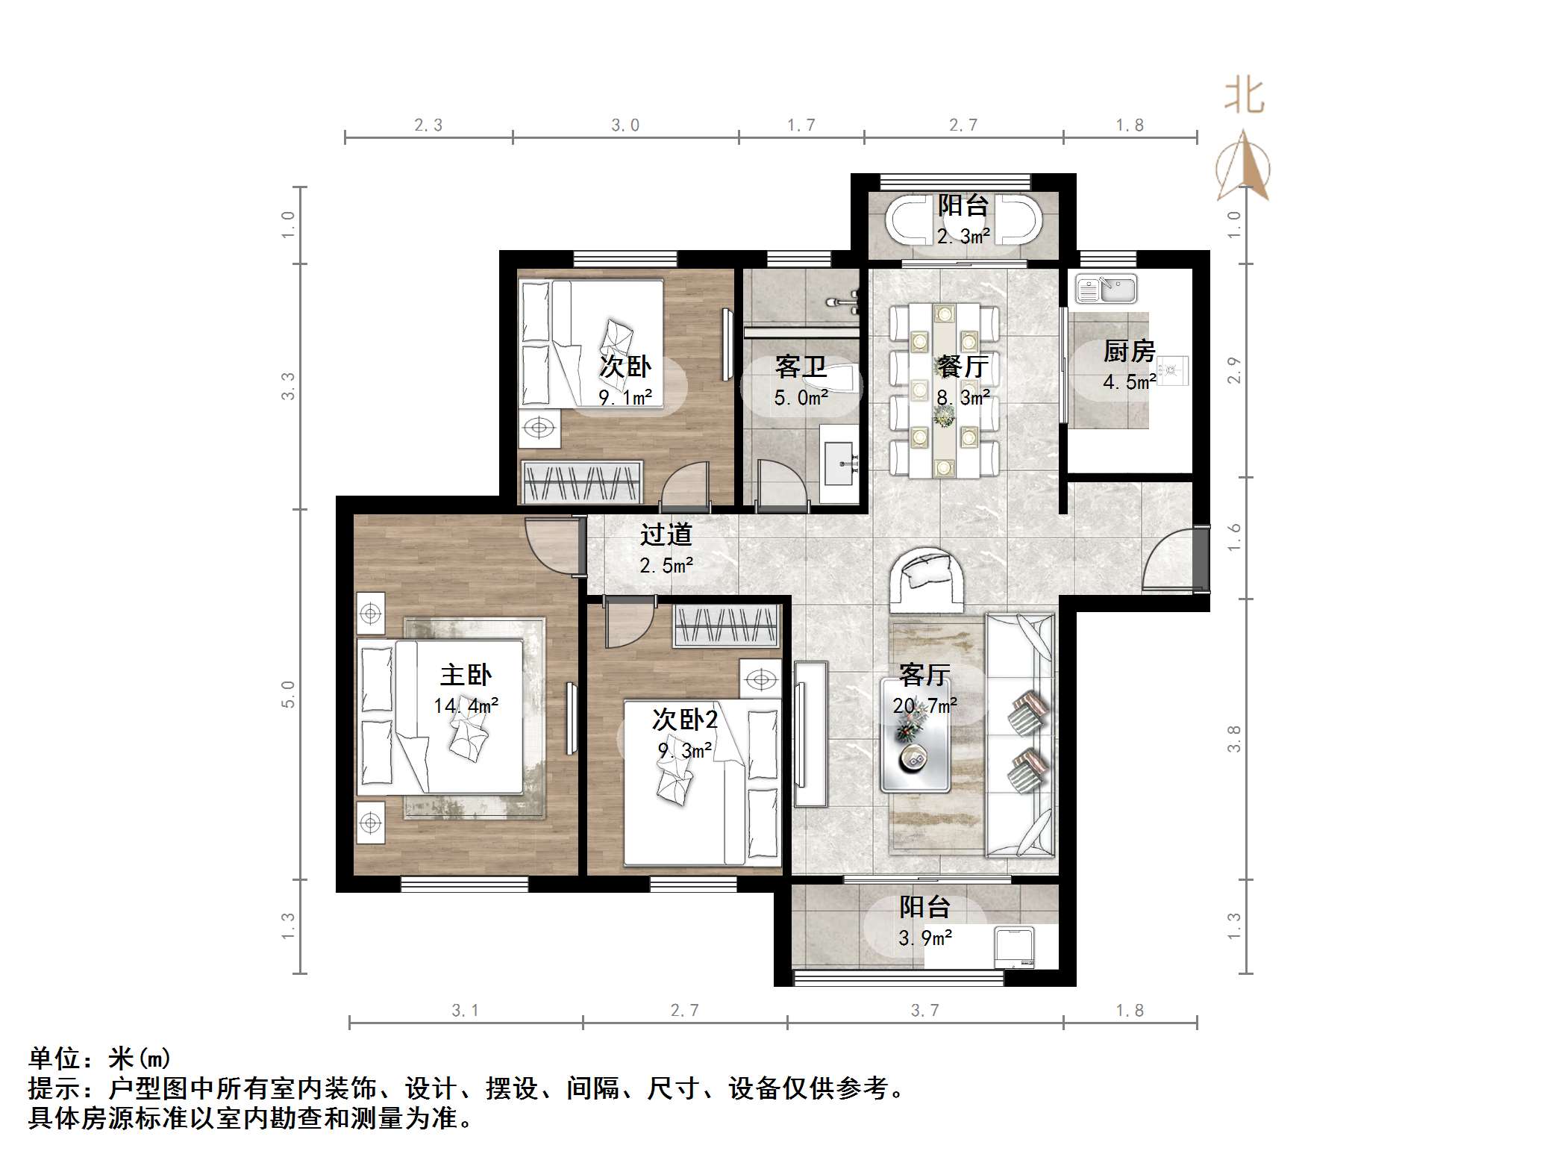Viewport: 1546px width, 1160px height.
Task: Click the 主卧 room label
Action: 466,675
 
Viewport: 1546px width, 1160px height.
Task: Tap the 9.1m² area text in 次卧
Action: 625,398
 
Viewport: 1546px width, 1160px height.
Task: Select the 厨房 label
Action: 1129,351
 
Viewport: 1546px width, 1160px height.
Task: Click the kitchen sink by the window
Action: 1106,289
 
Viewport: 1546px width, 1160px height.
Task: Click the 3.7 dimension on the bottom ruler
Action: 924,1011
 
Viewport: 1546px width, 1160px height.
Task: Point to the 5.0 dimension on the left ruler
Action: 288,693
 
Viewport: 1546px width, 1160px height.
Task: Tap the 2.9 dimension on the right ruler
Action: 1234,370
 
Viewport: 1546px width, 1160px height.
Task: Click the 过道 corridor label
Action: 666,534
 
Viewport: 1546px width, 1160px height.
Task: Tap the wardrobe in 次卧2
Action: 726,625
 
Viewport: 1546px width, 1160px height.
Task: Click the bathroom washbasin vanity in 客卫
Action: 840,464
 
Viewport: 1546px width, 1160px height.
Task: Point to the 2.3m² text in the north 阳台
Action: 963,237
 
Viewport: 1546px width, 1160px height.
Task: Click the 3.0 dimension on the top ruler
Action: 625,125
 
